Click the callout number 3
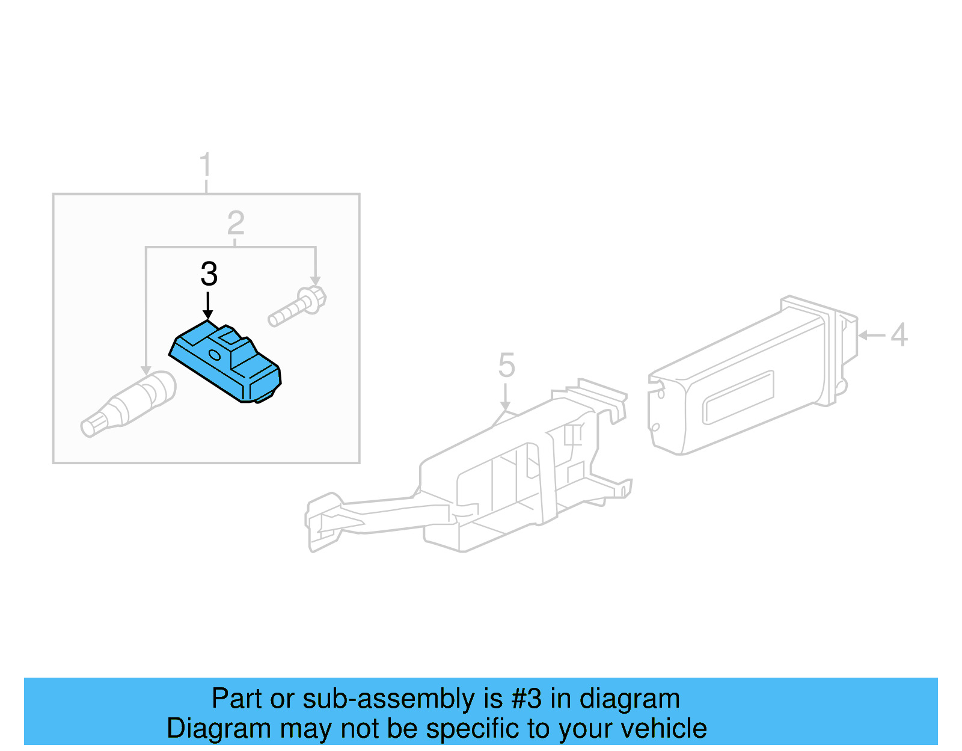click(209, 274)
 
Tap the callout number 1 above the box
click(206, 165)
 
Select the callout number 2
click(236, 223)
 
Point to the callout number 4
click(899, 335)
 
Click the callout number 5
click(506, 366)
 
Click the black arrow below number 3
click(208, 306)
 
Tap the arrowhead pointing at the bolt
click(315, 281)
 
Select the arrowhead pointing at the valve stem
click(146, 369)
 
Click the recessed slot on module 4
click(738, 397)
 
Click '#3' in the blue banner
click(526, 699)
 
